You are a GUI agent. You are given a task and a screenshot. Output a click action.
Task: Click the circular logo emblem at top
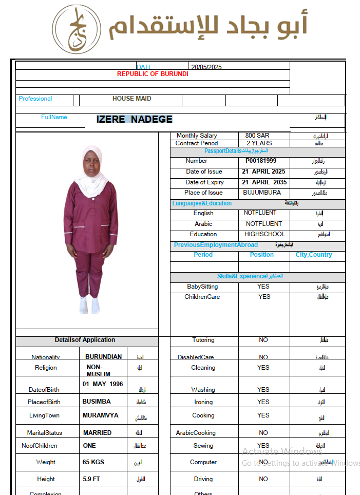75,29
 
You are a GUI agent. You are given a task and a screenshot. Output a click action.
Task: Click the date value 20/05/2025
206,67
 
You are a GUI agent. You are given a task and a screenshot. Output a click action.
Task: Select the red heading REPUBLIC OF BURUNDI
153,74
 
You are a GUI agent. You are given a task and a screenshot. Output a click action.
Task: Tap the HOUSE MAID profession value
131,99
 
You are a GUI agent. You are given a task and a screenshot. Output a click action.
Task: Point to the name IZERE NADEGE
135,119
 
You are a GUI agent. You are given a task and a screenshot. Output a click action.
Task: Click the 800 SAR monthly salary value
257,136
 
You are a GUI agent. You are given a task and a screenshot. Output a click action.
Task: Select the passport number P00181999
261,161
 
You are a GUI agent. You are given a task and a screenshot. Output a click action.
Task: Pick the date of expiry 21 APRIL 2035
263,182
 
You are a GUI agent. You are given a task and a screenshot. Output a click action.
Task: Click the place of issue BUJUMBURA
262,193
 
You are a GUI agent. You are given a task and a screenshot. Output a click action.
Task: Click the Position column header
262,255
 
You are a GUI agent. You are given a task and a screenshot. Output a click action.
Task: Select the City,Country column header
314,255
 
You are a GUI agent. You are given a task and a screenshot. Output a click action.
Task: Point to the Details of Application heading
85,340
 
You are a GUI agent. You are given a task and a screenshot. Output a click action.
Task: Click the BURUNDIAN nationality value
103,356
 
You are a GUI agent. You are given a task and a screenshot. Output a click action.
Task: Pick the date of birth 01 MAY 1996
103,384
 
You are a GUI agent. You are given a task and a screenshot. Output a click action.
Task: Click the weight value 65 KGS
93,462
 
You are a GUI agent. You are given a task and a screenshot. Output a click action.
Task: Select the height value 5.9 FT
91,479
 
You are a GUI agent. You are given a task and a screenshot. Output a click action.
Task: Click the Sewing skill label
203,446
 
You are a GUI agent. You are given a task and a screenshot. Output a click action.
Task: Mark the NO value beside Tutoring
263,340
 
